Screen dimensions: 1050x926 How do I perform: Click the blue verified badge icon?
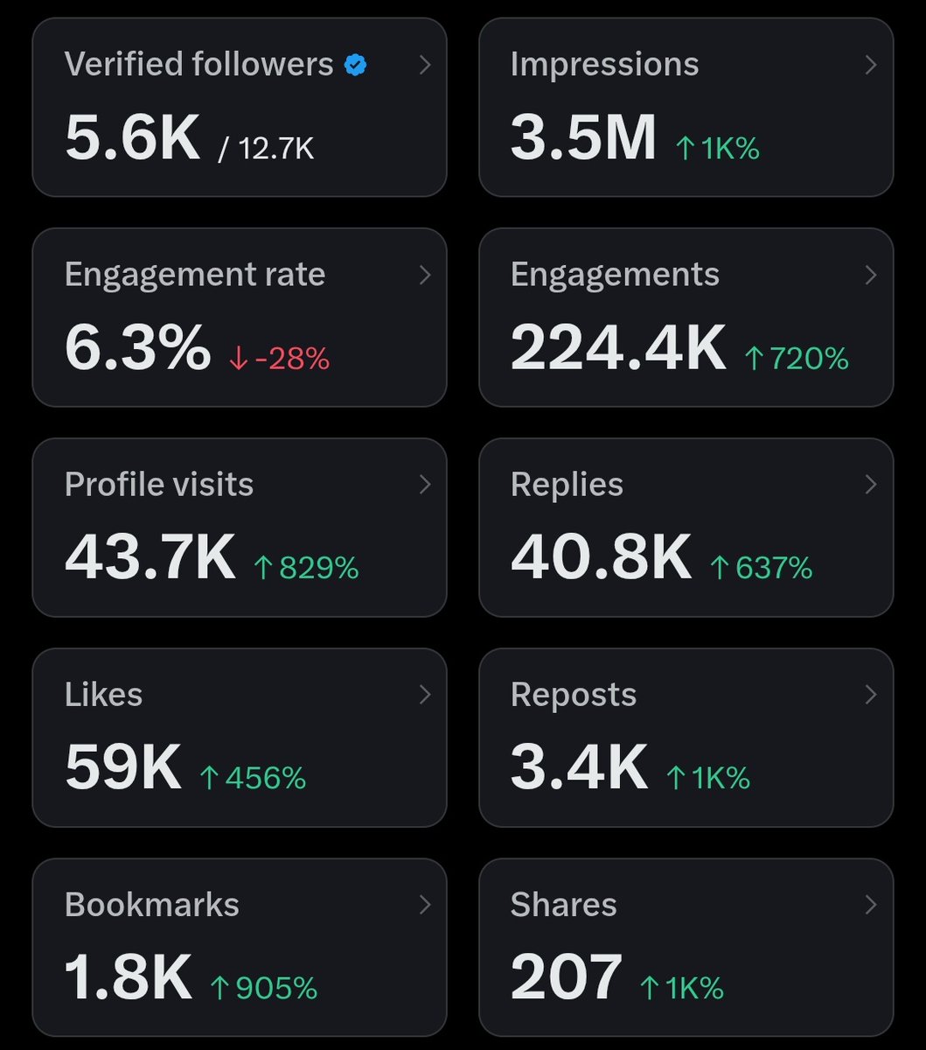point(355,65)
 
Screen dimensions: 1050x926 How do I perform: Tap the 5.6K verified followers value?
point(133,138)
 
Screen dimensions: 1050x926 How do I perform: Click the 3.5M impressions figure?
point(583,138)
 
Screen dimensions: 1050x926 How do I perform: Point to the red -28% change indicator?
point(280,359)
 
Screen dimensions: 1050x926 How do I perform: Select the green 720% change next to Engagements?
point(797,359)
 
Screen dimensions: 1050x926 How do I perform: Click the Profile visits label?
point(159,485)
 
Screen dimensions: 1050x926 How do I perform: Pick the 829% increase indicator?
point(306,569)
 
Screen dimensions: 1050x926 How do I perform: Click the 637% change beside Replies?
point(762,569)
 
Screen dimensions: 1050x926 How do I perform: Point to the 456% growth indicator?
point(254,779)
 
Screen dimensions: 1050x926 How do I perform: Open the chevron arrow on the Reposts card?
point(870,695)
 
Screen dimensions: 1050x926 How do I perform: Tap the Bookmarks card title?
point(152,905)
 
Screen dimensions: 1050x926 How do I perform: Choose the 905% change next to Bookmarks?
point(264,989)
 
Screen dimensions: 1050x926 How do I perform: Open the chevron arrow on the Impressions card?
point(870,65)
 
